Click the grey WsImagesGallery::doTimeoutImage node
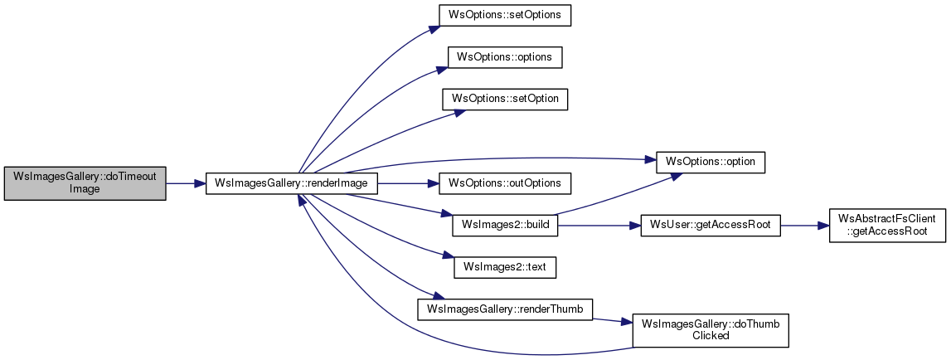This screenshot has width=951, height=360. pos(85,182)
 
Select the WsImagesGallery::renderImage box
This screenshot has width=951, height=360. pos(292,183)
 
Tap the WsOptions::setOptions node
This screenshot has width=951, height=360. pos(505,15)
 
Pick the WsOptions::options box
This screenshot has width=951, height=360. pos(505,56)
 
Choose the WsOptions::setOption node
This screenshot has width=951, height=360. pos(505,99)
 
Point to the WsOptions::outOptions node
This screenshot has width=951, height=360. pos(505,183)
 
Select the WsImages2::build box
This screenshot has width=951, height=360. pos(505,226)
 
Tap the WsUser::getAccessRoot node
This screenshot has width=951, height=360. pos(711,226)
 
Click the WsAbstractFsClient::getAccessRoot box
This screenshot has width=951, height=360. pos(886,226)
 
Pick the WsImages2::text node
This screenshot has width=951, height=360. pos(505,267)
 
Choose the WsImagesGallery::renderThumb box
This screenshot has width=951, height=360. pos(505,309)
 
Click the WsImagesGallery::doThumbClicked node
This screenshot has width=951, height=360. pos(711,330)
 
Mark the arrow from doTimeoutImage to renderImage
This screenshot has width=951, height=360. pos(186,183)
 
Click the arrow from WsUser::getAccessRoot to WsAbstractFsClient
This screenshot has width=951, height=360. pos(804,226)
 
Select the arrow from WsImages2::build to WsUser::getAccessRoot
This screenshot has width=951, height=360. pos(599,226)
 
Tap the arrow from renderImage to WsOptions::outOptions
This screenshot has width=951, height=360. pos(408,183)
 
